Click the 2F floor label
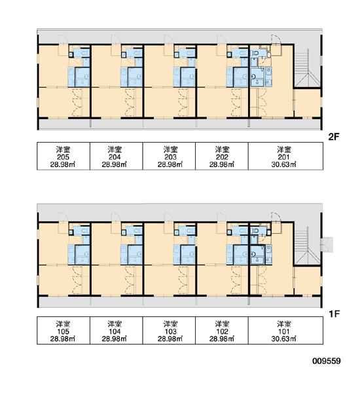(x=334, y=137)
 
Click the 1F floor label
(x=334, y=314)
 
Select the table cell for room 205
(x=63, y=156)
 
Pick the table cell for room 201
(x=285, y=156)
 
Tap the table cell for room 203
(x=169, y=156)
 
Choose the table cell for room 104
(x=117, y=330)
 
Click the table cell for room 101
(x=285, y=330)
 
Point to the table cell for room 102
(x=222, y=330)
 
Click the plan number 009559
(x=327, y=361)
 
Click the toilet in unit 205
(x=85, y=53)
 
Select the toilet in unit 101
(x=255, y=231)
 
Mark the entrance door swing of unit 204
(x=117, y=39)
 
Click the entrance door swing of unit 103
(x=169, y=217)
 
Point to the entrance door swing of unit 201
(x=276, y=39)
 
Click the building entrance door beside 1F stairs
(x=327, y=244)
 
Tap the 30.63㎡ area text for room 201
(x=283, y=164)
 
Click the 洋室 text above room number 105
(x=63, y=324)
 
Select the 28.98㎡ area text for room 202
(x=222, y=164)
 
